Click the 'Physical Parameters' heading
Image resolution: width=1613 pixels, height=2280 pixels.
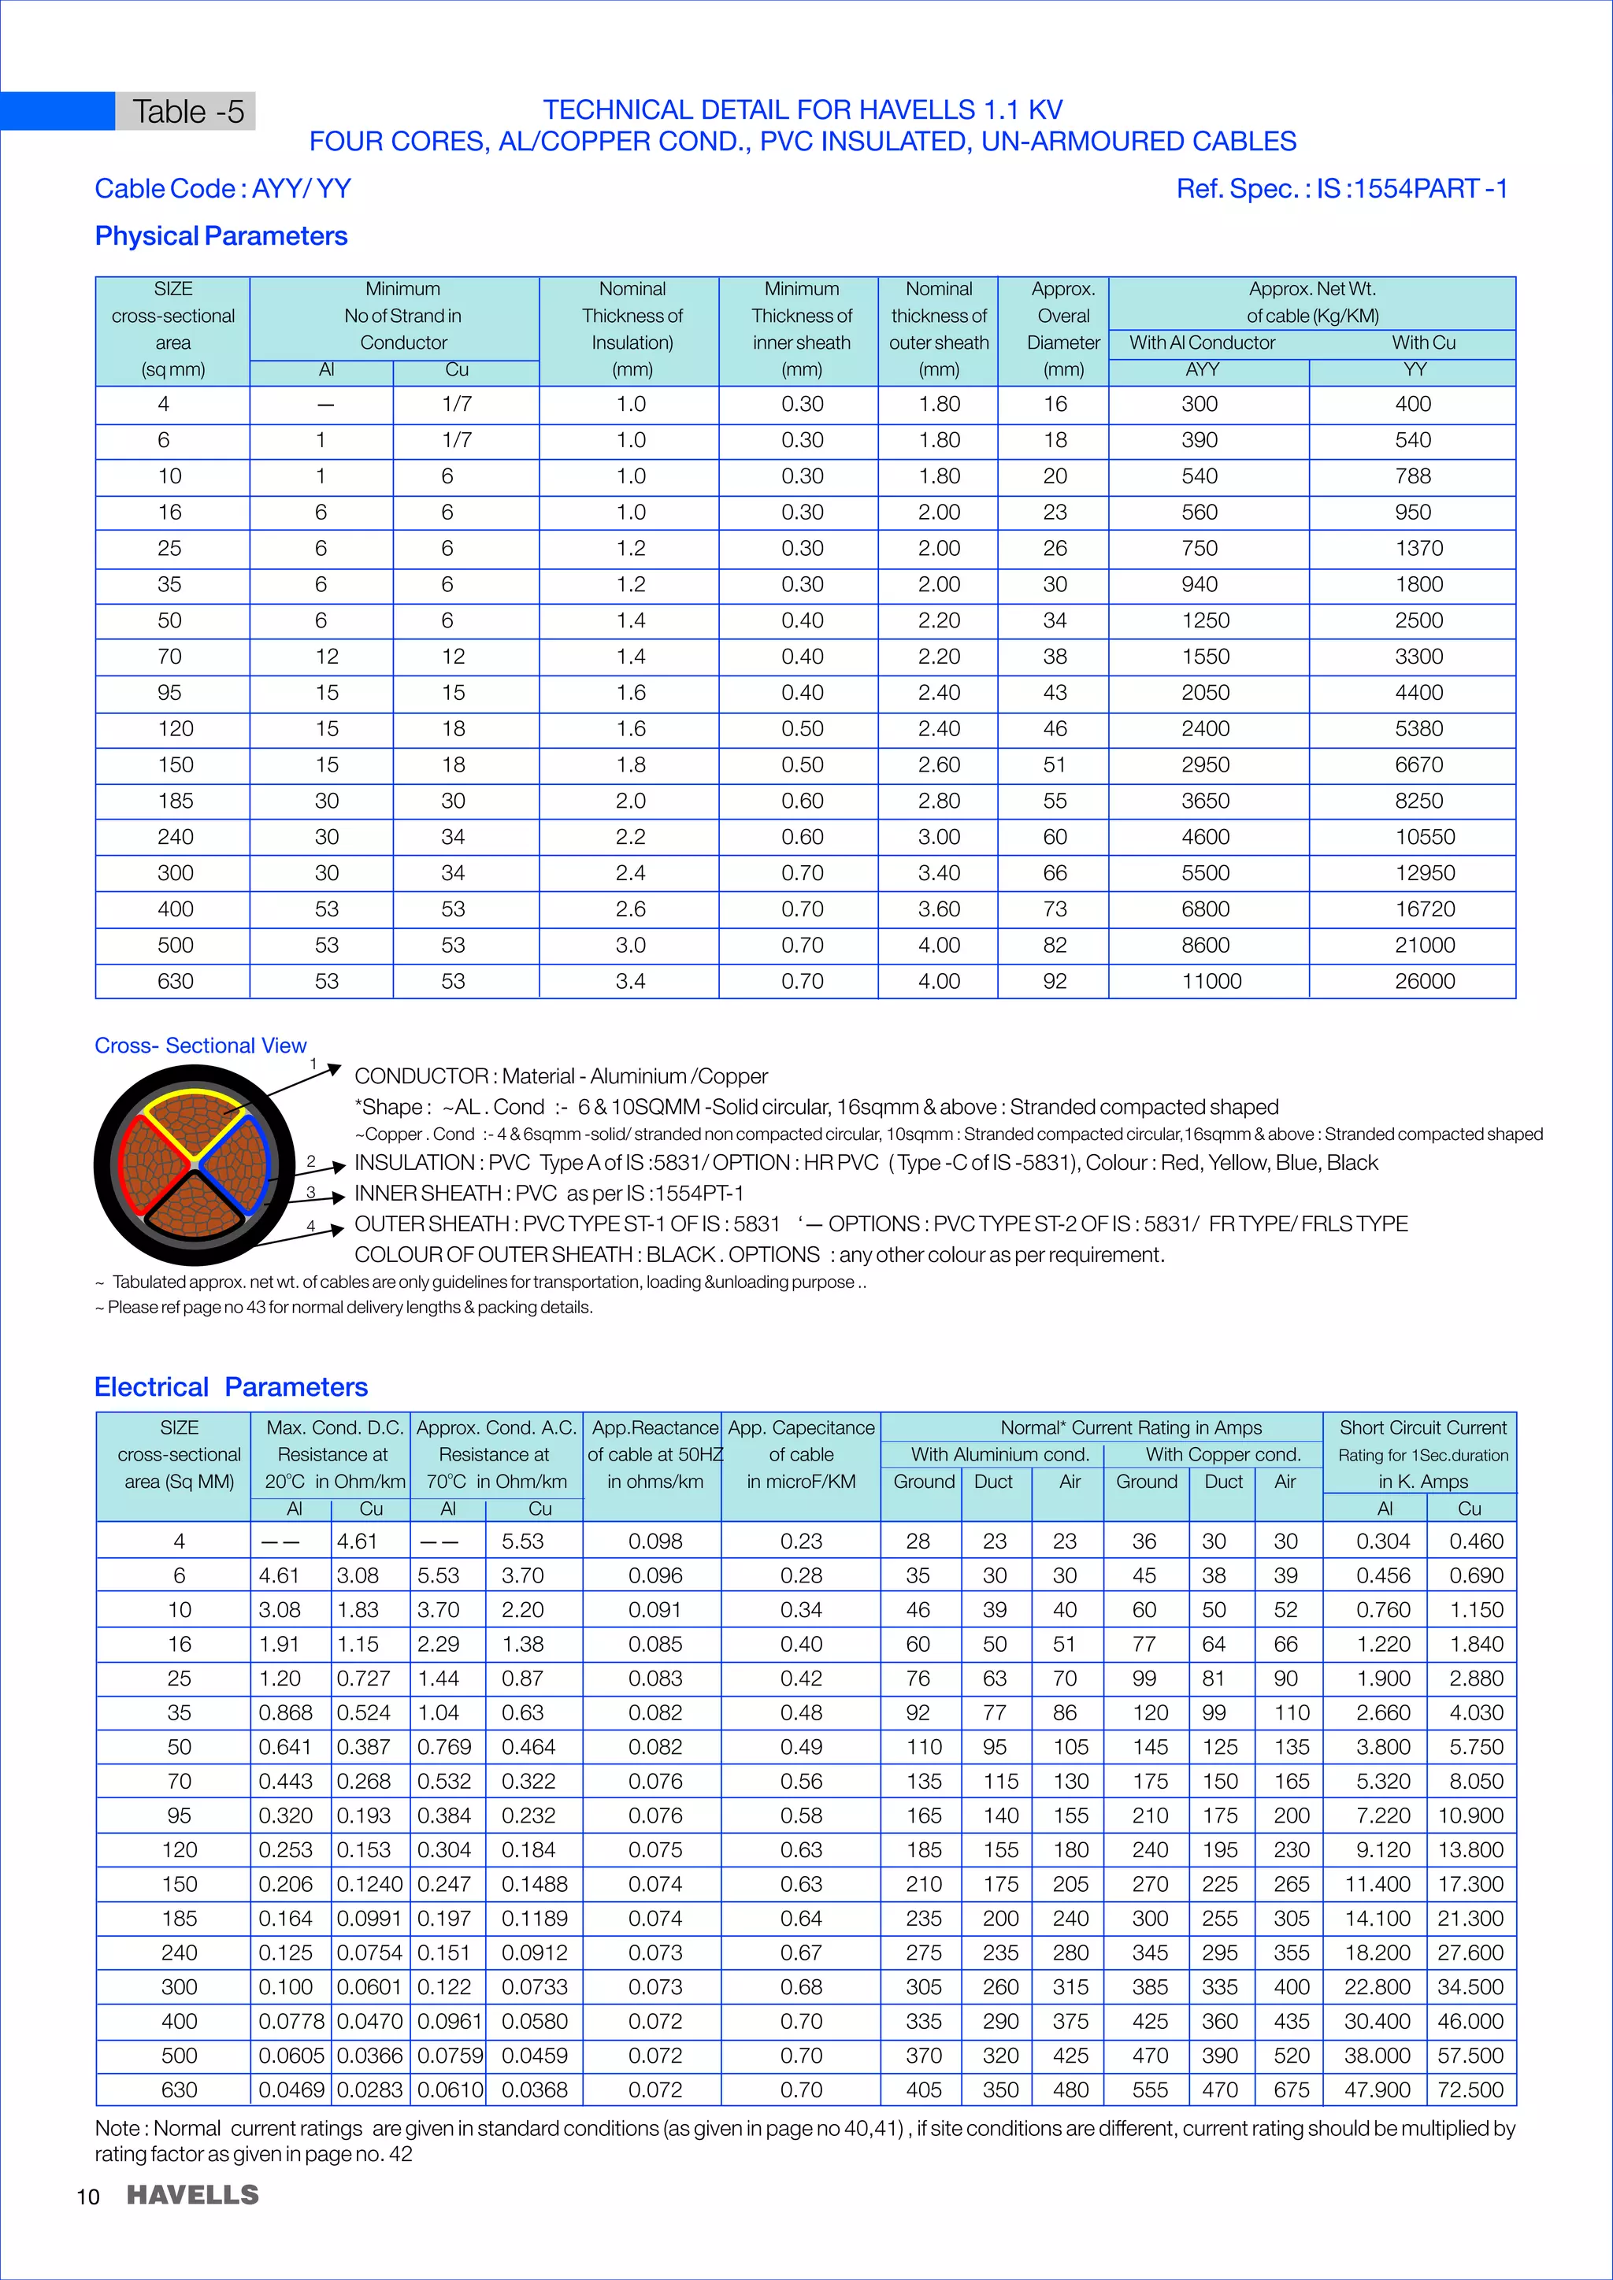221,236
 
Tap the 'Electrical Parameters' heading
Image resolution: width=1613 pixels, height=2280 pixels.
231,1386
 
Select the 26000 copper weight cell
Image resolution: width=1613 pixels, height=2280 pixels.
1424,981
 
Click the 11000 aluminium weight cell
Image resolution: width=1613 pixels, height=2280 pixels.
1211,981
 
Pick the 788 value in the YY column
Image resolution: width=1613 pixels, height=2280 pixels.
1412,476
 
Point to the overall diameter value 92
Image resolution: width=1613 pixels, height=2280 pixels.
1055,981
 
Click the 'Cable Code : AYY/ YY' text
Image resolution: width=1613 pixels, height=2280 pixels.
222,189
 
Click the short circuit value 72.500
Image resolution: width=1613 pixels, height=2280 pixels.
1470,2089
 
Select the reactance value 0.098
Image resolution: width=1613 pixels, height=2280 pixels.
654,1542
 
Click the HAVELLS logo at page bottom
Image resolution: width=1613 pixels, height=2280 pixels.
193,2195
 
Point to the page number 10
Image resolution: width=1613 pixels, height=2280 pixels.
87,2197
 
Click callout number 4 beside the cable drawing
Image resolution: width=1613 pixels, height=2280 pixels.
311,1227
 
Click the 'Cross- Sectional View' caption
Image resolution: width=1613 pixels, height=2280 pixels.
201,1046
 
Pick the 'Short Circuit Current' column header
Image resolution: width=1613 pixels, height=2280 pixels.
1422,1427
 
